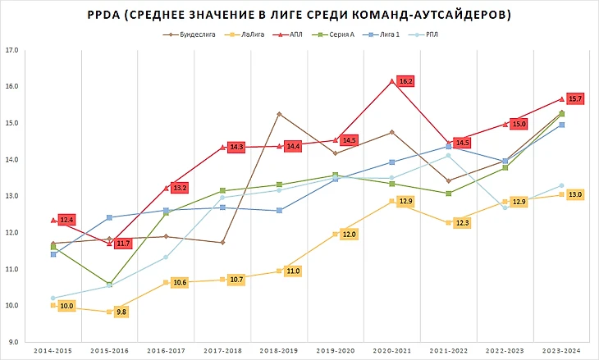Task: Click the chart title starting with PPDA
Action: tap(299, 15)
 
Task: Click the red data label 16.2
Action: tap(405, 82)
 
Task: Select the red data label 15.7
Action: tap(574, 99)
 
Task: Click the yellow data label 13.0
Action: tap(574, 195)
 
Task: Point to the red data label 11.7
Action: tap(121, 244)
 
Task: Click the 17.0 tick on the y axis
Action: tap(11, 50)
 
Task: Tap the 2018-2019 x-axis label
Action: tap(279, 351)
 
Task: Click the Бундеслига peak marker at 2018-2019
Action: tap(279, 113)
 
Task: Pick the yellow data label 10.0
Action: tap(67, 306)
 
